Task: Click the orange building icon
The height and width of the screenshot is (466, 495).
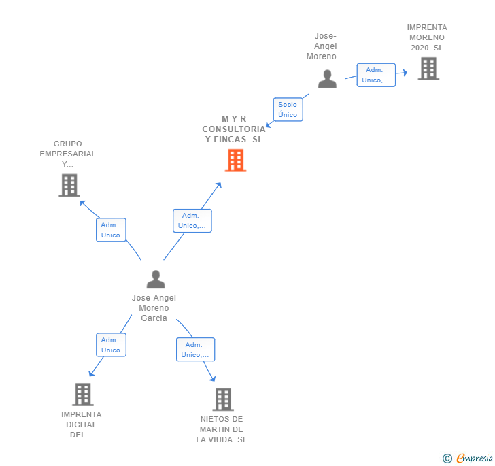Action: click(235, 161)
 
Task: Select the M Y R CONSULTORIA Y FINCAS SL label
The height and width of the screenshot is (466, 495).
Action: click(233, 129)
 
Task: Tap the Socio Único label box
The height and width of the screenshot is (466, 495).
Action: click(288, 110)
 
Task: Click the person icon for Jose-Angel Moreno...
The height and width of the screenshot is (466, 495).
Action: click(327, 79)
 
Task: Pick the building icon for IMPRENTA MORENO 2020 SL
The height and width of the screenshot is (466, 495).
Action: click(428, 69)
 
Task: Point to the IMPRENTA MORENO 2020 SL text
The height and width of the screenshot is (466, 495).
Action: click(427, 37)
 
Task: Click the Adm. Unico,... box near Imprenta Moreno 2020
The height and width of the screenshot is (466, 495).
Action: click(376, 75)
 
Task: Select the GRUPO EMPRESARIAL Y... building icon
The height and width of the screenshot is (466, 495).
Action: click(69, 185)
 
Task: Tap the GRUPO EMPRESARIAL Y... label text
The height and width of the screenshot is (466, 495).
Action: click(67, 154)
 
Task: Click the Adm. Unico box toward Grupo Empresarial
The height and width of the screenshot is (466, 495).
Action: click(111, 230)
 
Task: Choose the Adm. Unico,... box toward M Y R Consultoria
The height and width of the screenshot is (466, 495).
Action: click(192, 220)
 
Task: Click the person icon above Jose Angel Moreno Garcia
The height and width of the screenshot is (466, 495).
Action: click(156, 279)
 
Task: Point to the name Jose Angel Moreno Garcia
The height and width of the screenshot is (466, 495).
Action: click(154, 308)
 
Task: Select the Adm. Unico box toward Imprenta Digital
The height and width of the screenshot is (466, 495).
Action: click(111, 345)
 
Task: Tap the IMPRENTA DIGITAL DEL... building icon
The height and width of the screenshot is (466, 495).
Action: click(82, 394)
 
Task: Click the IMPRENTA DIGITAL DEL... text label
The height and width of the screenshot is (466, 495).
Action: click(81, 425)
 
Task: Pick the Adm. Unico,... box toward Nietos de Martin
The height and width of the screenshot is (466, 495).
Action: click(195, 350)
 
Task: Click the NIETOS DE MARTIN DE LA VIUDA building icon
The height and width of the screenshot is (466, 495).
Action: click(223, 399)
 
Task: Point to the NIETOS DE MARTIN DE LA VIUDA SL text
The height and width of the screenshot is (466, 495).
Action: click(222, 429)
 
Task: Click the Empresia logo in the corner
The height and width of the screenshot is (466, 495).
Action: click(468, 458)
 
